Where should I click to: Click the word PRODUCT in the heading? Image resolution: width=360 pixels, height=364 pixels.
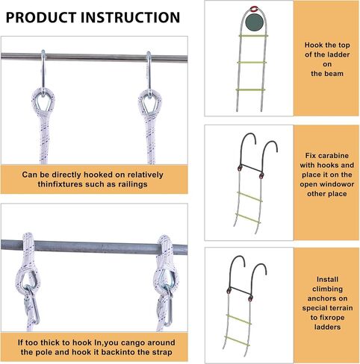[x=41, y=17]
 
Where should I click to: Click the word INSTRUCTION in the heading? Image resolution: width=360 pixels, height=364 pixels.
[x=130, y=17]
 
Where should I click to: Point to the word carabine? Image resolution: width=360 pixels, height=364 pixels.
[x=334, y=156]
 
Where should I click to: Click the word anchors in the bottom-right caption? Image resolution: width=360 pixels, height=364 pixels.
[x=327, y=298]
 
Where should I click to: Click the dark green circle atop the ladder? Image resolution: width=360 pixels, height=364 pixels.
[x=254, y=22]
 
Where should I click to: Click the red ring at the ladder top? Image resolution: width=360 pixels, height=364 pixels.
[x=254, y=10]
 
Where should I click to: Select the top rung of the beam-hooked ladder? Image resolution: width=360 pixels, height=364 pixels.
[x=253, y=36]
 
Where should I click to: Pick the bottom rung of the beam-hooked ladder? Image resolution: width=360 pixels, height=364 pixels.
[x=250, y=90]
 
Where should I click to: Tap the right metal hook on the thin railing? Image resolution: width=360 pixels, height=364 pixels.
[x=149, y=73]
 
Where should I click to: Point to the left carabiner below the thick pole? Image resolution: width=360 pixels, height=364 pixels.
[x=31, y=305]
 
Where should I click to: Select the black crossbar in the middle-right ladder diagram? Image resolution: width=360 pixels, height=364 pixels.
[x=251, y=169]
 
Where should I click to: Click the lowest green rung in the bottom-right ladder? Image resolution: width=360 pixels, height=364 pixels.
[x=238, y=341]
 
